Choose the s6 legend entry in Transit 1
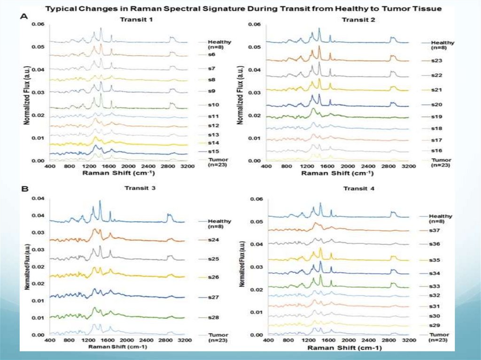point(212,55)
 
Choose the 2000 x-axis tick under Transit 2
point(348,166)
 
